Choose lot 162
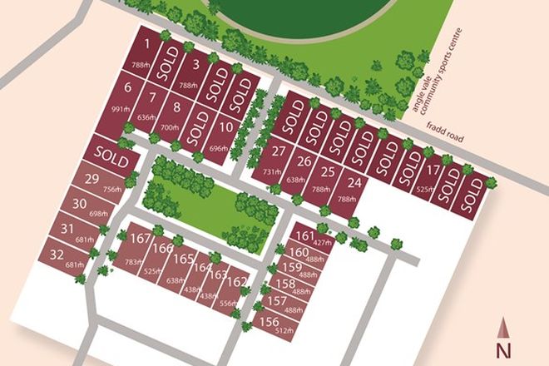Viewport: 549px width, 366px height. (x=236, y=283)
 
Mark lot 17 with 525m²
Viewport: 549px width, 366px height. (x=429, y=174)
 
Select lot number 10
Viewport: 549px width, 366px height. (x=226, y=129)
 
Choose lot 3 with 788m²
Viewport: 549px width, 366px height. (x=193, y=66)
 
